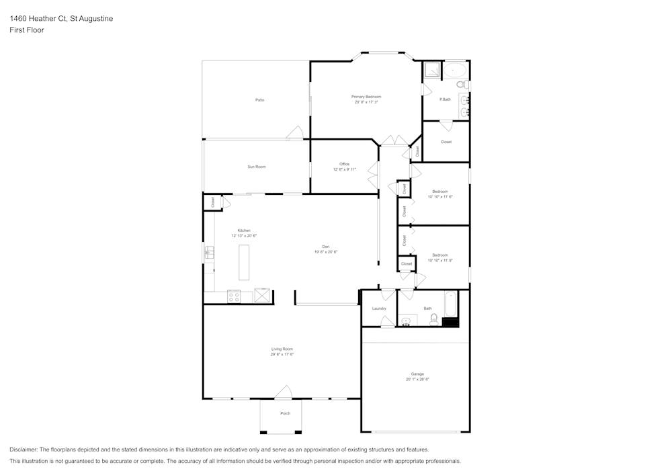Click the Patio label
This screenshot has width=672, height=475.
pos(259,100)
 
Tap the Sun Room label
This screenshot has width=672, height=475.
pos(256,167)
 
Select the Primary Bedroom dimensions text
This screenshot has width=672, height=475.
pos(366,102)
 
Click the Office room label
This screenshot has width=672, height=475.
pos(344,164)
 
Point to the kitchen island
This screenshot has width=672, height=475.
pos(243,262)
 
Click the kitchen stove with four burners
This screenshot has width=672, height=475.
pos(235,296)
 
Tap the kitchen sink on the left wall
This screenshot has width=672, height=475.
pos(209,253)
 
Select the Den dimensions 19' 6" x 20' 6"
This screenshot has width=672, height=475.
pos(325,252)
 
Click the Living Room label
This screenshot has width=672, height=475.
pos(282,349)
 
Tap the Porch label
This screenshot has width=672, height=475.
pos(286,413)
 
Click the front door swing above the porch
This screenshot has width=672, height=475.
pos(284,392)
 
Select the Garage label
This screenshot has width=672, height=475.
pos(417,374)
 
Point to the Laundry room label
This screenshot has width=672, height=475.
pos(379,308)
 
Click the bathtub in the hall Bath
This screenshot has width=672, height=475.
pos(451,304)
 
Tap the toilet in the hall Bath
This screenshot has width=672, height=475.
pos(434,319)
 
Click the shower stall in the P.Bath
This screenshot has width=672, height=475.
pos(431,70)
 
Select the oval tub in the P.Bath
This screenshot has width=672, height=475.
pos(456,69)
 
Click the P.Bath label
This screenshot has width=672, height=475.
pos(445,99)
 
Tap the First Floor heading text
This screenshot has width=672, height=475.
pos(27,30)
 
